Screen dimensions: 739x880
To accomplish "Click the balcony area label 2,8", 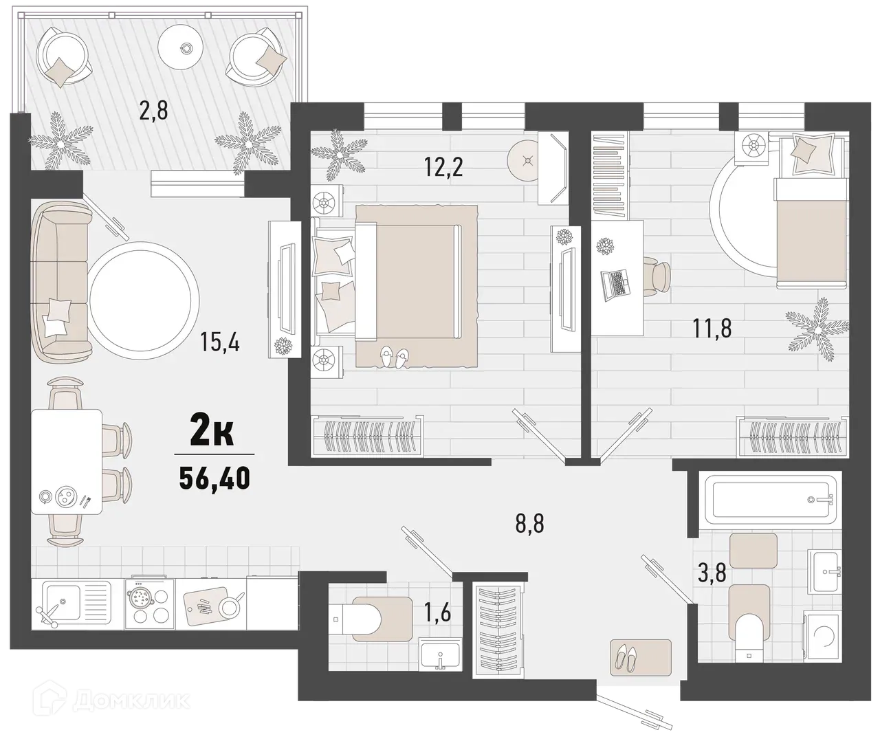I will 154,109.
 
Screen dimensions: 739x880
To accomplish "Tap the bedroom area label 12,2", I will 443,166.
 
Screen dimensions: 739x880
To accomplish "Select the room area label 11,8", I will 712,327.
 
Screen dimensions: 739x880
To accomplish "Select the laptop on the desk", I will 615,283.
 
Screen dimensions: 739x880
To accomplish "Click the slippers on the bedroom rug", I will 393,355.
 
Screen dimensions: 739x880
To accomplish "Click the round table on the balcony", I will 184,47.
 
